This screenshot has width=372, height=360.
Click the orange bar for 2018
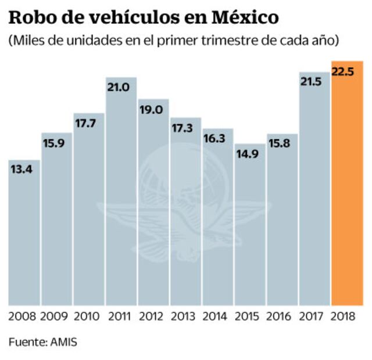tap(347, 186)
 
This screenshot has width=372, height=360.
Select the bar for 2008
tap(24, 232)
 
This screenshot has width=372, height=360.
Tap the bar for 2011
tap(121, 192)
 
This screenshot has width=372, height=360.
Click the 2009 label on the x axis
tap(56, 316)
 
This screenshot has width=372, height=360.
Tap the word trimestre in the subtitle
tap(228, 41)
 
